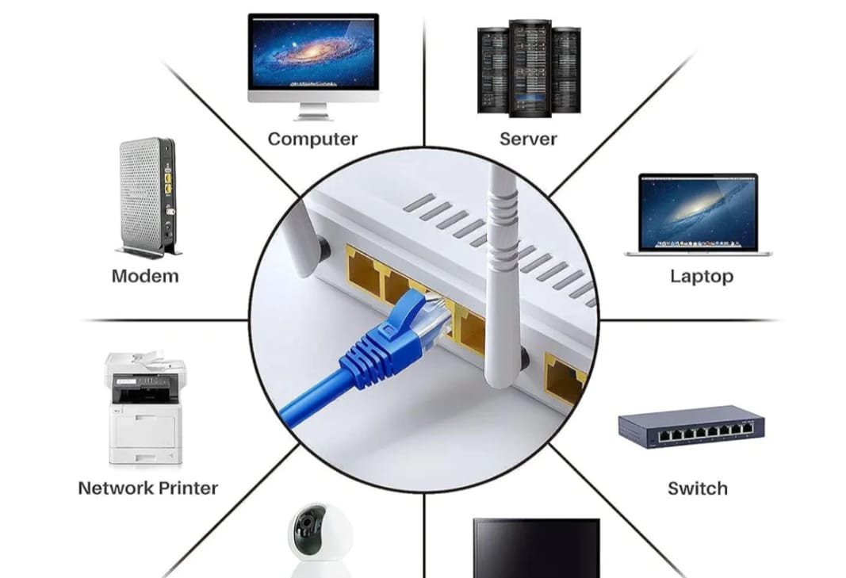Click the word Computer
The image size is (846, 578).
[x=312, y=139]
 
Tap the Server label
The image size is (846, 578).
[x=527, y=139]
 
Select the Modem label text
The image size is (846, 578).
[x=145, y=276]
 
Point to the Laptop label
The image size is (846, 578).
[x=701, y=276]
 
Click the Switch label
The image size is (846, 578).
[x=697, y=488]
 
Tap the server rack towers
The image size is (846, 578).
[x=529, y=68]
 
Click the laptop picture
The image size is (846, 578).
[x=698, y=212]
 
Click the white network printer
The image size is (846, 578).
[x=145, y=409]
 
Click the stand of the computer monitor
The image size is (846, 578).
[x=313, y=113]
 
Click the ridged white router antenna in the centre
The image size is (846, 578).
[x=502, y=262]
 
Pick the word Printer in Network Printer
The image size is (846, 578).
[x=188, y=488]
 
